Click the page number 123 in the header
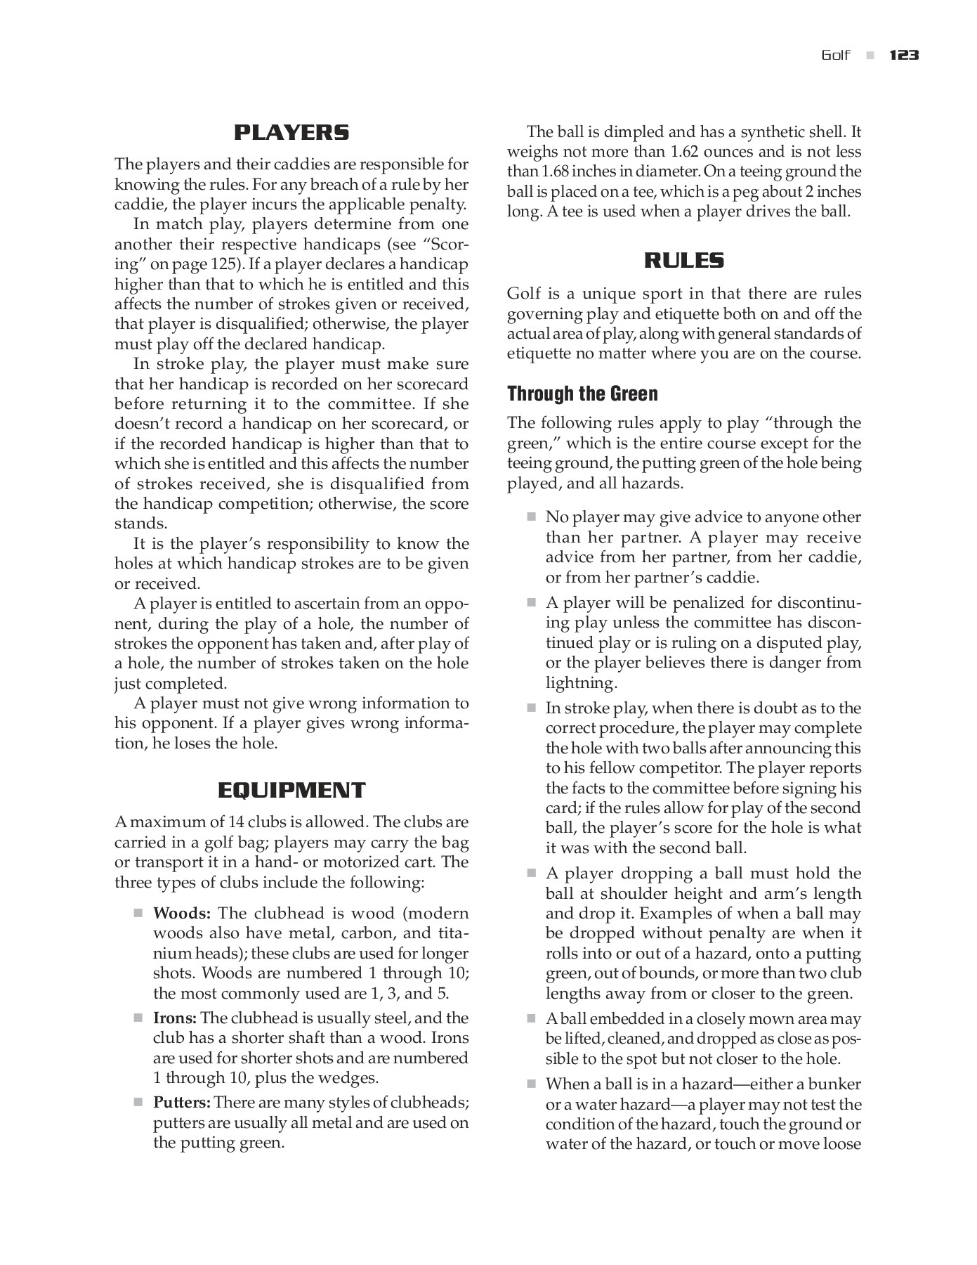[x=904, y=56]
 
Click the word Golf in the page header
[x=836, y=56]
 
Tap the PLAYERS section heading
[x=291, y=132]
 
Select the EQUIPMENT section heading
[x=291, y=790]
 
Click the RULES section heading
[x=684, y=261]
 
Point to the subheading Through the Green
[x=582, y=394]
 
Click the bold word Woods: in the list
[x=182, y=914]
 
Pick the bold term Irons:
[x=176, y=1018]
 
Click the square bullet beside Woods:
[x=138, y=914]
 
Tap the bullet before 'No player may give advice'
[x=531, y=517]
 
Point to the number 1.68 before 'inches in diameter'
[x=558, y=171]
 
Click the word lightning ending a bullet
[x=581, y=683]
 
